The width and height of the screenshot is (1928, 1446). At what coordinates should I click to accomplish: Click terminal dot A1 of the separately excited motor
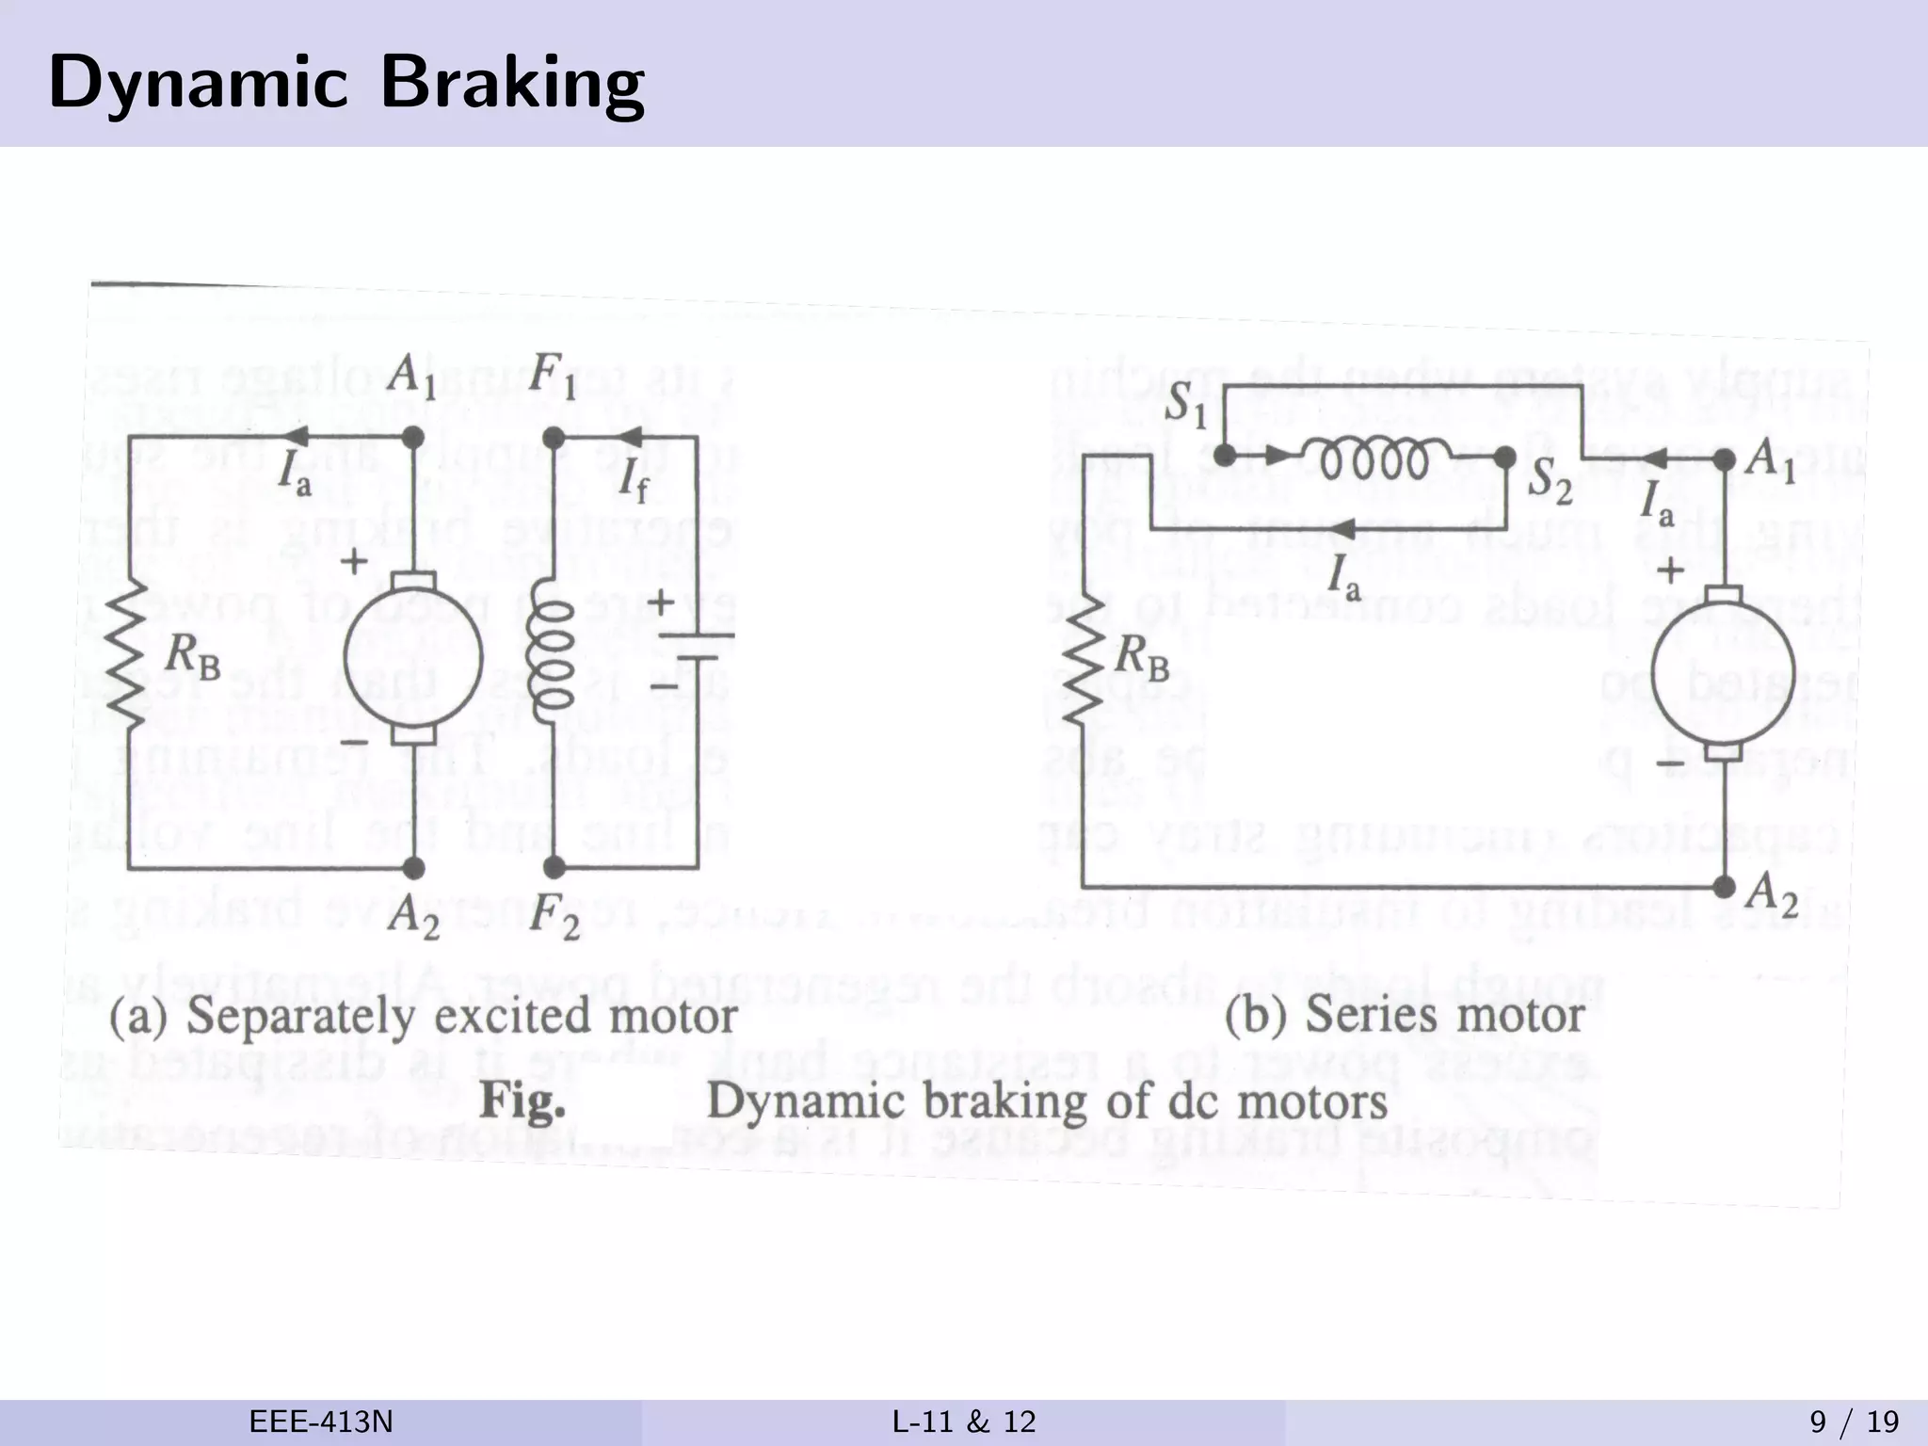(x=411, y=438)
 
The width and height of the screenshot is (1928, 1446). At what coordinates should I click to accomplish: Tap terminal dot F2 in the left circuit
(x=554, y=867)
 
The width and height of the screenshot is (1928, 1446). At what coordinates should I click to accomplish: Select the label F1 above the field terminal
(x=552, y=378)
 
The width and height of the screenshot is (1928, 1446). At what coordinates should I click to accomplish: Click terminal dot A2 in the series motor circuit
(x=1724, y=887)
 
